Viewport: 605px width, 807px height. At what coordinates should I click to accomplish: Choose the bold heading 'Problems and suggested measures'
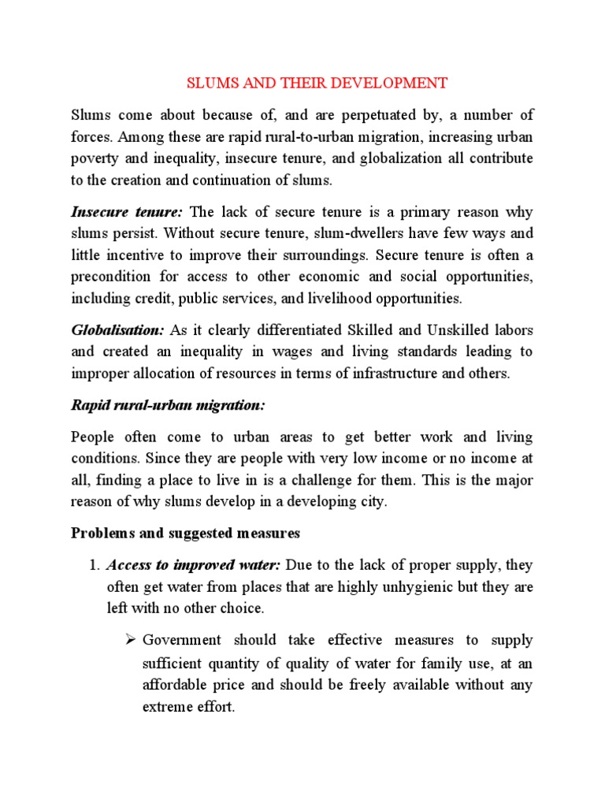[186, 534]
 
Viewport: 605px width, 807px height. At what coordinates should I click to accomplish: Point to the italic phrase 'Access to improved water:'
[194, 565]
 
